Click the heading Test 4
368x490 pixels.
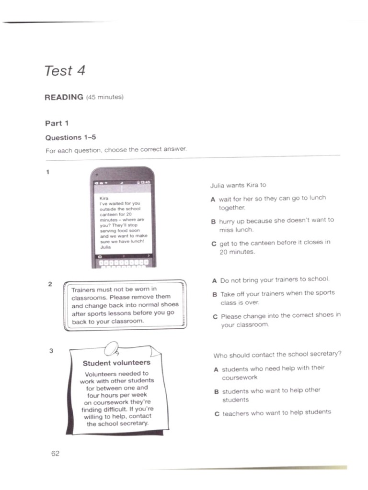(x=65, y=71)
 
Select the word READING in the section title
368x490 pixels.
(x=64, y=97)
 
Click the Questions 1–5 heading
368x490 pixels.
(x=70, y=137)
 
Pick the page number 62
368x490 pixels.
(x=55, y=454)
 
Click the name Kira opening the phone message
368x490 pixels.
(x=103, y=198)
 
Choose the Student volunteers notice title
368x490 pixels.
(x=116, y=363)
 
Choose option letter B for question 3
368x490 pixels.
(x=217, y=391)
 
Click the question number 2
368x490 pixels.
(x=50, y=284)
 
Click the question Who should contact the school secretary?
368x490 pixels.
(x=277, y=355)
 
